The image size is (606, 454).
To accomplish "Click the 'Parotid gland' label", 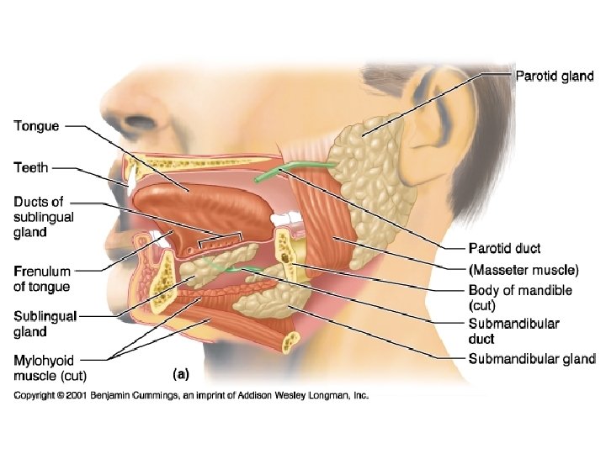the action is click(554, 77).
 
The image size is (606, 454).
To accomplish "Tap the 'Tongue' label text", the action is click(36, 126).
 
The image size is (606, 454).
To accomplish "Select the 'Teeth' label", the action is click(31, 167).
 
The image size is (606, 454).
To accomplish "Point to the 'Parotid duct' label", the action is click(504, 248).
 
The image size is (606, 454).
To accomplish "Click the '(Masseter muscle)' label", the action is click(523, 270).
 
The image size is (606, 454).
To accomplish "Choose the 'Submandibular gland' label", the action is click(531, 359).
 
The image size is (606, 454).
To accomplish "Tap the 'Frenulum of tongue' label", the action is click(42, 279).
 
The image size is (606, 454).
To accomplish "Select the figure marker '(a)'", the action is click(180, 372).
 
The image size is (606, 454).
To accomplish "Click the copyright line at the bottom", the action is click(191, 394).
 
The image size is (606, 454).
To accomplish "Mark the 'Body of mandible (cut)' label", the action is click(519, 298).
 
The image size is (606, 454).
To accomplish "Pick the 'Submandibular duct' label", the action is click(513, 330).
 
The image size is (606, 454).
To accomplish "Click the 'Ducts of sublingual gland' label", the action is click(43, 218).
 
